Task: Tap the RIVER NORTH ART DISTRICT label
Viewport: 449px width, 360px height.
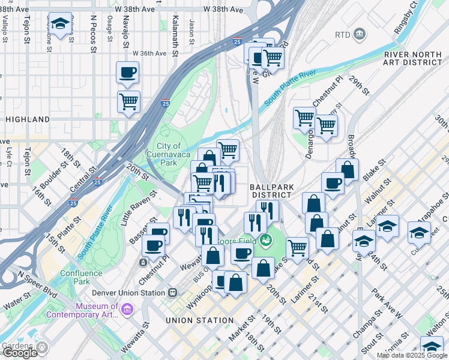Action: click(413, 58)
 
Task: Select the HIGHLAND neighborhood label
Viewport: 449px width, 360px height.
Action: click(28, 119)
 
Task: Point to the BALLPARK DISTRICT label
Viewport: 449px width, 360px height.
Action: click(273, 191)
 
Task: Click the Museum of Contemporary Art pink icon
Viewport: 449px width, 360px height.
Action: click(127, 309)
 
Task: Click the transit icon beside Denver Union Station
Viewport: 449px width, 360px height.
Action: click(173, 293)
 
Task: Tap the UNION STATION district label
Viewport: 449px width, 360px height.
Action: click(200, 320)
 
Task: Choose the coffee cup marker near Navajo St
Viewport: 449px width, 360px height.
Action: click(127, 73)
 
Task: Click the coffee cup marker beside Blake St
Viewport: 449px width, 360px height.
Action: click(332, 183)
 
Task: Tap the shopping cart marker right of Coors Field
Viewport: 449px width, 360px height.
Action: click(297, 246)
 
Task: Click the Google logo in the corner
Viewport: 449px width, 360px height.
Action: click(20, 353)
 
